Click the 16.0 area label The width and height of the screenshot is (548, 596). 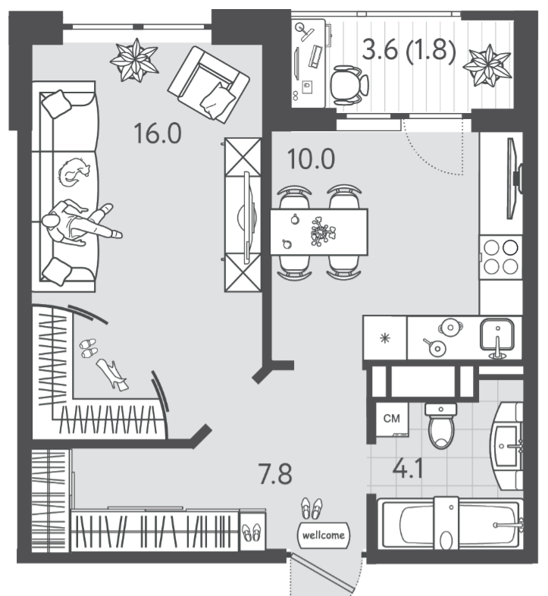[158, 133]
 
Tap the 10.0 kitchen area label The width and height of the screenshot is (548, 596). [312, 159]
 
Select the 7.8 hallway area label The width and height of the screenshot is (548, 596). [276, 474]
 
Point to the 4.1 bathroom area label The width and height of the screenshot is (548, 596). [408, 469]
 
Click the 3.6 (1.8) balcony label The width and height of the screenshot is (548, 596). [409, 50]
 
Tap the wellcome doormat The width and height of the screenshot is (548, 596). [324, 535]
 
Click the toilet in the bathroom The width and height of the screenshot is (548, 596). [441, 425]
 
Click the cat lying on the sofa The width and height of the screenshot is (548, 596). [74, 172]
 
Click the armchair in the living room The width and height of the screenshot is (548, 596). [208, 84]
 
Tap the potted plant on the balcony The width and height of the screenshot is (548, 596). [487, 66]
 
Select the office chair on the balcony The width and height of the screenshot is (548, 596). [349, 85]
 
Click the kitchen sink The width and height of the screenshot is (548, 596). [497, 335]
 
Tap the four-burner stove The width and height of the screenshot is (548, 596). [500, 258]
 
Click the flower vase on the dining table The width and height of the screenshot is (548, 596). [323, 231]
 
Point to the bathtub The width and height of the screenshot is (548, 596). [450, 523]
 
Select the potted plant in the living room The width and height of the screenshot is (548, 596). [134, 60]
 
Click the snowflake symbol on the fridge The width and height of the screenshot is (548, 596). [385, 338]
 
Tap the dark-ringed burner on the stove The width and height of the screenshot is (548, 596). [510, 247]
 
